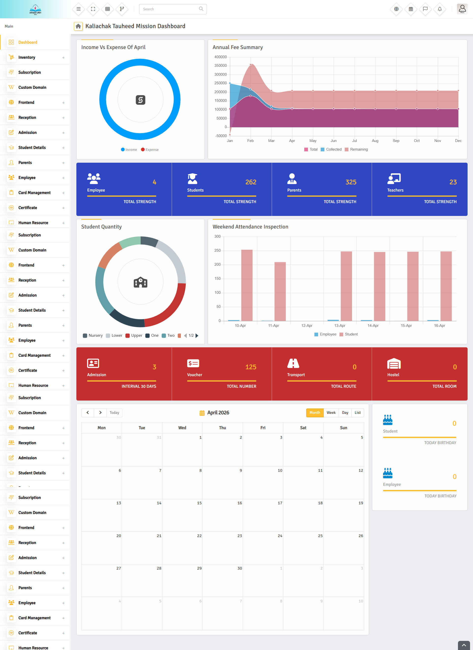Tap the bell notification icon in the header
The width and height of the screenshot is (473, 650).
pyautogui.click(x=439, y=9)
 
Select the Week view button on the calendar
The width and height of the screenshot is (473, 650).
pyautogui.click(x=331, y=413)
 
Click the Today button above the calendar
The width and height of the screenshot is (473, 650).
pyautogui.click(x=114, y=413)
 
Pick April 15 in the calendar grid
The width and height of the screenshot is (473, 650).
pyautogui.click(x=182, y=514)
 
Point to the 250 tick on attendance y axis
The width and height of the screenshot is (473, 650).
pyautogui.click(x=218, y=250)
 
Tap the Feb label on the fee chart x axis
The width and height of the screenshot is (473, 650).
pyautogui.click(x=250, y=141)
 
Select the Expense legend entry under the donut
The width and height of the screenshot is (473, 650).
pyautogui.click(x=150, y=150)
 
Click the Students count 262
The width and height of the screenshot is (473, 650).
pyautogui.click(x=251, y=182)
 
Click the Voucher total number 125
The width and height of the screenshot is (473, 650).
pyautogui.click(x=251, y=367)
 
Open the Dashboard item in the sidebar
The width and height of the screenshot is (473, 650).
pyautogui.click(x=28, y=42)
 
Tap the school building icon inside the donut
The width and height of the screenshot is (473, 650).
pyautogui.click(x=140, y=282)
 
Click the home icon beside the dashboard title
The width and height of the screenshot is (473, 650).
pyautogui.click(x=78, y=26)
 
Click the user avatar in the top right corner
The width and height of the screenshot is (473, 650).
pyautogui.click(x=462, y=9)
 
